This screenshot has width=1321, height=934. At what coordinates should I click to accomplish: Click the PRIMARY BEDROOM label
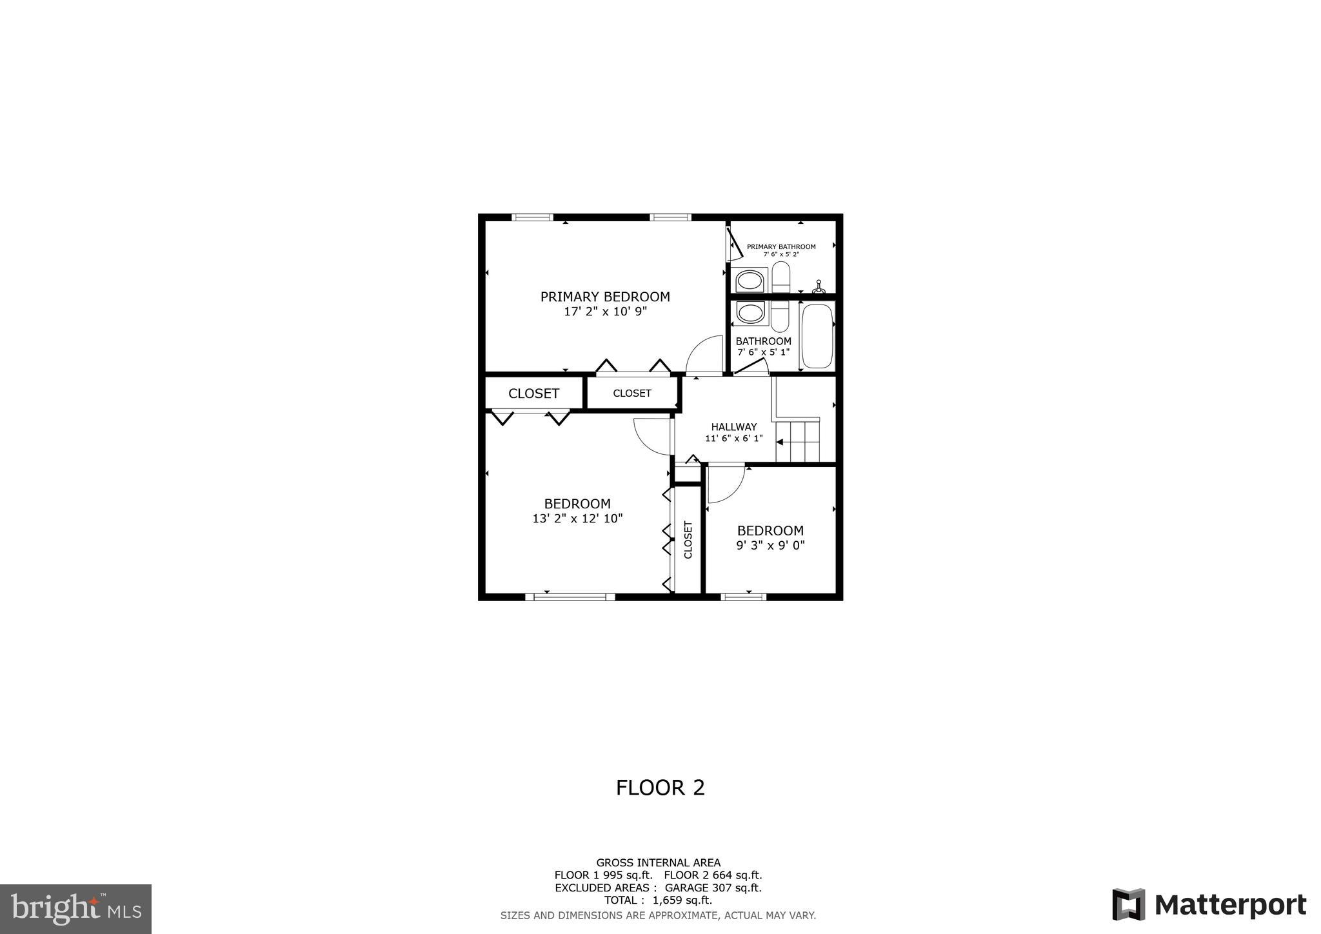pyautogui.click(x=605, y=297)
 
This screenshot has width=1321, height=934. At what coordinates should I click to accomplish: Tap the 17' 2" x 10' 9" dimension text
pyautogui.click(x=605, y=312)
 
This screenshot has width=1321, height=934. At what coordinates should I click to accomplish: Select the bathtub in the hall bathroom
pyautogui.click(x=817, y=336)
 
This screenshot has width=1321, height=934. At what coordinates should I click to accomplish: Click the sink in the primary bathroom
pyautogui.click(x=750, y=281)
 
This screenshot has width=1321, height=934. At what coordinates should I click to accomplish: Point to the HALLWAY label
pyautogui.click(x=733, y=427)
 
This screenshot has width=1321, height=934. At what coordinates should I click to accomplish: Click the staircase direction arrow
pyautogui.click(x=779, y=442)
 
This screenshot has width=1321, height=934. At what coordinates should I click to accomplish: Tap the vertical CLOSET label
pyautogui.click(x=688, y=540)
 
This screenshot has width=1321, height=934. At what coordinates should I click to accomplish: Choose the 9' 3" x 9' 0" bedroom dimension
pyautogui.click(x=770, y=545)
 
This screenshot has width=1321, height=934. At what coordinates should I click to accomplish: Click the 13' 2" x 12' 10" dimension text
pyautogui.click(x=577, y=518)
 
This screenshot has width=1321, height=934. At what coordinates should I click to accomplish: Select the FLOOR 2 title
pyautogui.click(x=660, y=788)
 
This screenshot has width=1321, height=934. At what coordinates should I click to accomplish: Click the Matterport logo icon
pyautogui.click(x=1128, y=904)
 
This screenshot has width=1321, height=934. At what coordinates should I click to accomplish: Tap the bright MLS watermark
pyautogui.click(x=76, y=909)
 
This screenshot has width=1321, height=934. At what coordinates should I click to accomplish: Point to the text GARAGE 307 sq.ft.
pyautogui.click(x=713, y=888)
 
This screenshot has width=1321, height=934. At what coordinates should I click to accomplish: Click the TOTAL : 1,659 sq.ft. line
pyautogui.click(x=658, y=900)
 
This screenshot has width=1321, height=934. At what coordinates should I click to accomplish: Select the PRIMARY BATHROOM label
pyautogui.click(x=781, y=246)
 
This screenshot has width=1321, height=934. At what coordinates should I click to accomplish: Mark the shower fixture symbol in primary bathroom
pyautogui.click(x=819, y=288)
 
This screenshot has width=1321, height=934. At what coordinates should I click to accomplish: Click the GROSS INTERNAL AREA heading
pyautogui.click(x=658, y=862)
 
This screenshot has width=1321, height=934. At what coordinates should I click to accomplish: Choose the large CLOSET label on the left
pyautogui.click(x=533, y=393)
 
